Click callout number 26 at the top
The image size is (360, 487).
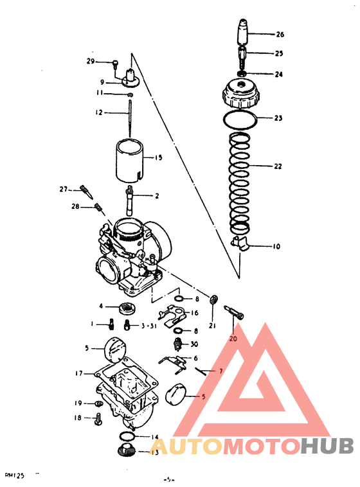point(280,34)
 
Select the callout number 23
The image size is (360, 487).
point(278,118)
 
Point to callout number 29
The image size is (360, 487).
point(91,61)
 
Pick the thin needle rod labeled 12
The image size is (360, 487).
point(130,116)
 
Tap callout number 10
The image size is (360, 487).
point(276,246)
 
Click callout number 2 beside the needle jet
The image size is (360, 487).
point(156,195)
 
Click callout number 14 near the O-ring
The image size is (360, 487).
point(154,437)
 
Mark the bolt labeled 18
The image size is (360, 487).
point(100,420)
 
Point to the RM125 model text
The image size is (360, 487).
point(15,475)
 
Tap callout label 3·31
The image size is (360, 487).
point(150,326)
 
